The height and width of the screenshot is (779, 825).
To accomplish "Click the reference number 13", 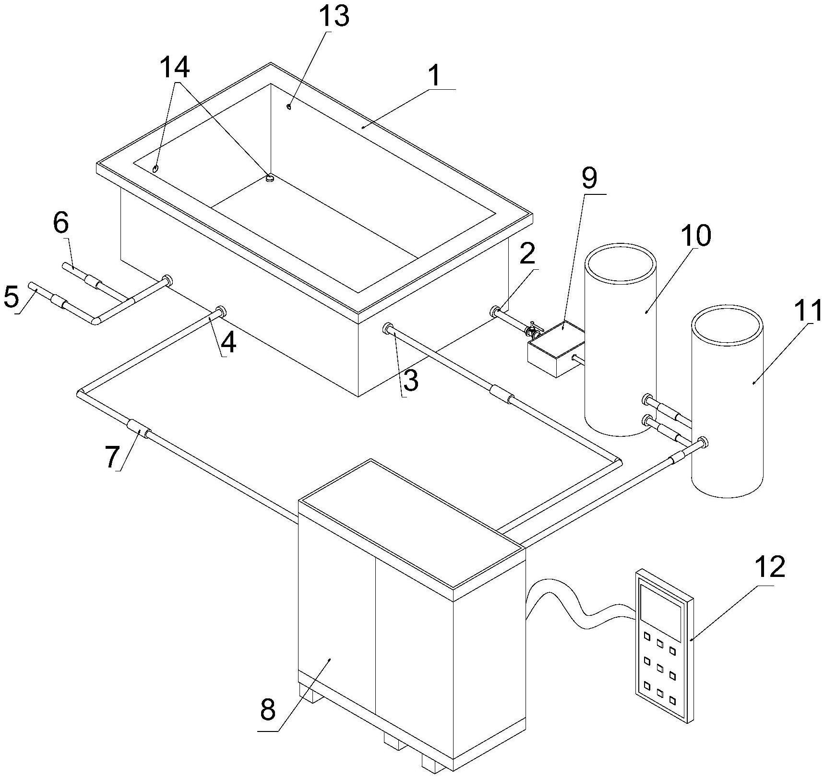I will (x=335, y=16).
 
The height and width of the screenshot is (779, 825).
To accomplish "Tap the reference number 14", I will (x=175, y=68).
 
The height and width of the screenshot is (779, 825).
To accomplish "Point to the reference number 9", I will (x=589, y=179).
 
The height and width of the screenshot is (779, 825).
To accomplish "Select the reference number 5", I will (x=12, y=297).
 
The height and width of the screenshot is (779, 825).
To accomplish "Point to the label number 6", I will (x=61, y=223).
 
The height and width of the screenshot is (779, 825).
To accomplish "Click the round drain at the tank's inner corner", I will (x=270, y=178).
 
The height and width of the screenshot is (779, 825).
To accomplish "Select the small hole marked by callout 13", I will (x=289, y=107).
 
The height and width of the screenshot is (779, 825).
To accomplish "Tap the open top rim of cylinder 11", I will (x=726, y=325).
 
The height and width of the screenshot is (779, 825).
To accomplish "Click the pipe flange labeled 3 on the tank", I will (x=388, y=329).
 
